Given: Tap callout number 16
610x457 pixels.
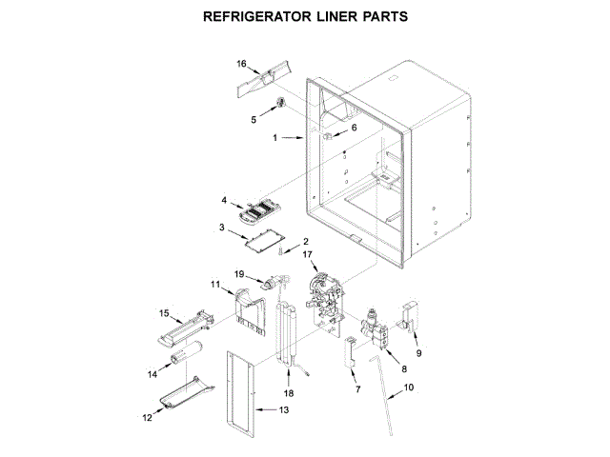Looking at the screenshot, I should (241, 64).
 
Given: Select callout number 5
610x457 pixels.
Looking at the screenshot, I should (254, 120).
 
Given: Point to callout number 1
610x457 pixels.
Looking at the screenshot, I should (275, 138).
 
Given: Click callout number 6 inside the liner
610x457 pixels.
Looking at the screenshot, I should (355, 128).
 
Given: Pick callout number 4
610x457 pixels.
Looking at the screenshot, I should (225, 201).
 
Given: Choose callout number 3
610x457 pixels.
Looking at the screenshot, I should (221, 228).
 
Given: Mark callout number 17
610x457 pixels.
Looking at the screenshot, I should (308, 254).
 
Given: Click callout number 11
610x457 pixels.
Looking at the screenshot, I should (215, 284).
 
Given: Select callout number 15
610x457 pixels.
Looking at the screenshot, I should (164, 312).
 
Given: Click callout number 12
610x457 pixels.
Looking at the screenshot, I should (148, 416).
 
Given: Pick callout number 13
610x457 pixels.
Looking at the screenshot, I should (282, 410).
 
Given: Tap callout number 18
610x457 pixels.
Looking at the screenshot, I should (288, 392).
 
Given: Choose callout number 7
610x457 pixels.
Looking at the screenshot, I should (357, 390).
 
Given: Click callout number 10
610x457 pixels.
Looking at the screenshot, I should (409, 387).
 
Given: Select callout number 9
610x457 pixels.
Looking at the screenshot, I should (417, 353).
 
